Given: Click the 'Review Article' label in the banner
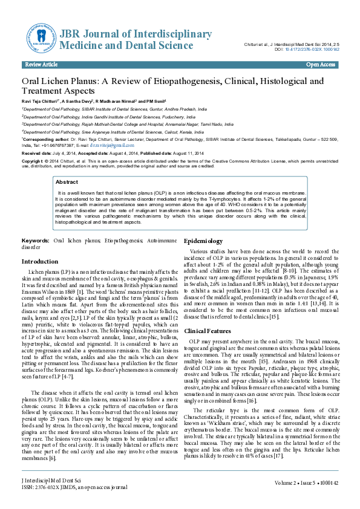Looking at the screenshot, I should pos(41,64).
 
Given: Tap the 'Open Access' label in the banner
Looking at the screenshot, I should pos(320,64).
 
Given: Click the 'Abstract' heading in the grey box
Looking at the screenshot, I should pos(67,181).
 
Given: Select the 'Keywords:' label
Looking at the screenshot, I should pos(35,241).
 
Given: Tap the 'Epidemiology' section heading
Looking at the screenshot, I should pos(203,241).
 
